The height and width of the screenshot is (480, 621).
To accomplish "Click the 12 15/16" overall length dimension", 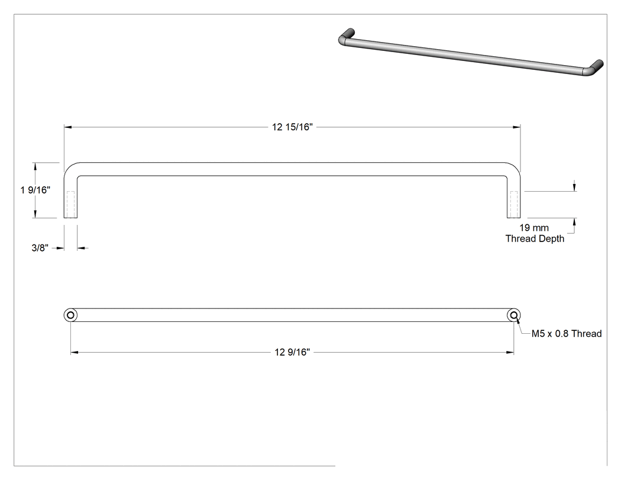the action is (292, 127).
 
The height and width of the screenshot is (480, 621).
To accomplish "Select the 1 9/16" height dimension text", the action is (35, 190).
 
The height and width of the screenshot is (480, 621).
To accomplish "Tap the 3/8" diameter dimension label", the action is (40, 248).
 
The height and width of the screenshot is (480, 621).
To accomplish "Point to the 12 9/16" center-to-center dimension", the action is (292, 352).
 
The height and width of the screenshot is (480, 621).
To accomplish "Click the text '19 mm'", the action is (534, 228).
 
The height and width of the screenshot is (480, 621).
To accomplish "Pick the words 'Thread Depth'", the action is (535, 239).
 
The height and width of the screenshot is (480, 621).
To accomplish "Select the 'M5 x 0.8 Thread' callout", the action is (567, 334).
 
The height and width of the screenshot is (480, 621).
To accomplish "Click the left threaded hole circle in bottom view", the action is (70, 315).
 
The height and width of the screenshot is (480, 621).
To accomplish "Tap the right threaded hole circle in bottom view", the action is (514, 315).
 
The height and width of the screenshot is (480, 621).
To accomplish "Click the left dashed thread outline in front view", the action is (71, 205).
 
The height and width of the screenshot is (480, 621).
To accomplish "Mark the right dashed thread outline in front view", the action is (514, 205).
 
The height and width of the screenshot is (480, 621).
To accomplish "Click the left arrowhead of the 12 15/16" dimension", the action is (68, 127).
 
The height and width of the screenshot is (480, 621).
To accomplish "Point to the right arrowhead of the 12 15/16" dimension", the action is (516, 127).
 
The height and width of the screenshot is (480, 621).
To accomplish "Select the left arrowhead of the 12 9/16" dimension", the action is (75, 352).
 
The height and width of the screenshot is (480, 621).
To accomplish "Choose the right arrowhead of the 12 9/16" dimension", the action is (510, 352).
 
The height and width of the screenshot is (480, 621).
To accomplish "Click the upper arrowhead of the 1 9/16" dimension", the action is (35, 166).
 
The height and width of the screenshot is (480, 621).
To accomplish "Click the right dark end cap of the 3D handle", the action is (597, 65).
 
